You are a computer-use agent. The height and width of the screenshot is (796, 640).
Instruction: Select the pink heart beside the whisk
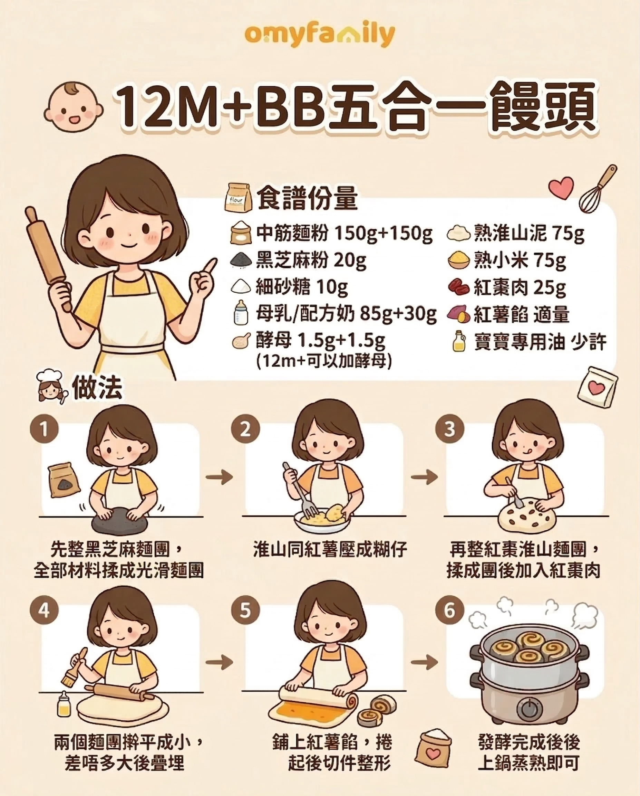pos(561,187)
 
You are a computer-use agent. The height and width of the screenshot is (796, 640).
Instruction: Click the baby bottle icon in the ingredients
pos(241,312)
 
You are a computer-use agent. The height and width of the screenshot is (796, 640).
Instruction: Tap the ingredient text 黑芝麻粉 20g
pos(311,260)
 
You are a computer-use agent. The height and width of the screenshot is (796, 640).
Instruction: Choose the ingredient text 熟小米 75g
pos(520,260)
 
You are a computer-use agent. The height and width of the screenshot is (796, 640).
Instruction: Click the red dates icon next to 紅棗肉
pos(459,286)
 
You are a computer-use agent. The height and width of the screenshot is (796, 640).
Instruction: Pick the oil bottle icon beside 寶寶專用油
pos(458,341)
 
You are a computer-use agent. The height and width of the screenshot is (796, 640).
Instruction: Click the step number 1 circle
pos(44,429)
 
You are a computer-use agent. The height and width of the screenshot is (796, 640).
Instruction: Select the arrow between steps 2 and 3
pos(424,477)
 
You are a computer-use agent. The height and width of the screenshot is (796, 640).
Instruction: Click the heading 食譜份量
pos(307,199)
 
